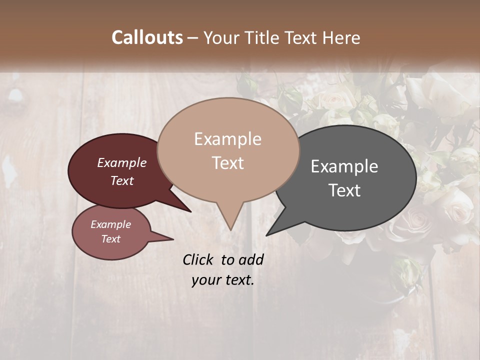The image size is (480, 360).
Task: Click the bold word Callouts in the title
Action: [x=147, y=37]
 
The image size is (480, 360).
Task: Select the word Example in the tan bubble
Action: [x=227, y=139]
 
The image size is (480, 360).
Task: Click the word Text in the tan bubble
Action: [x=227, y=163]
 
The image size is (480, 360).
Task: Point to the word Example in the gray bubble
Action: [x=344, y=166]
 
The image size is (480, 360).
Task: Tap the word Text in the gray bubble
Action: [x=344, y=190]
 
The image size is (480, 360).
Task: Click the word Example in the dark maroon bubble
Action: [x=122, y=162]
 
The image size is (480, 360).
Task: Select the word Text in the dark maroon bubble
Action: [x=122, y=180]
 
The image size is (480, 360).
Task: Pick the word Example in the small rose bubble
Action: [x=111, y=224]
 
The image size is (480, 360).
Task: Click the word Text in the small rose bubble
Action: [x=111, y=239]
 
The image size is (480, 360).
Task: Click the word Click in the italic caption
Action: [x=198, y=259]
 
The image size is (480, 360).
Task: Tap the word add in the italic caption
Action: [x=250, y=259]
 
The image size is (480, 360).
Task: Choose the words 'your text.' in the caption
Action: [x=223, y=280]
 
